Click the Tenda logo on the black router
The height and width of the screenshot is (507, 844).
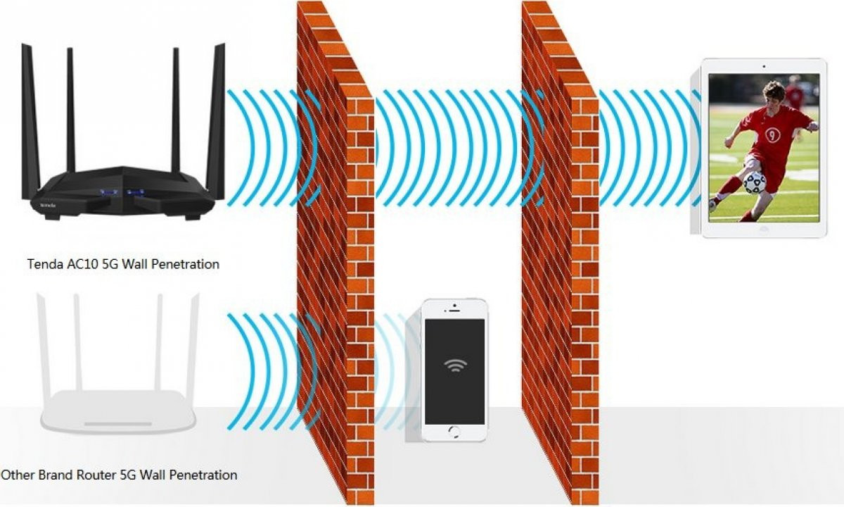point(48,205)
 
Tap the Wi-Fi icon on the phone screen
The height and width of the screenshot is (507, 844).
point(455,365)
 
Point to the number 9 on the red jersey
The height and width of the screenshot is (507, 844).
point(772,134)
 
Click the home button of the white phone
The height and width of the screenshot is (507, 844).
point(455,432)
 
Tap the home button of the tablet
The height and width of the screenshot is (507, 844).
point(764,229)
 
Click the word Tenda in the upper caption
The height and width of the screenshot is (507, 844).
point(45,264)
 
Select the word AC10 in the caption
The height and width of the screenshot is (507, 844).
point(83,264)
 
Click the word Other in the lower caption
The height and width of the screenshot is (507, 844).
point(18,475)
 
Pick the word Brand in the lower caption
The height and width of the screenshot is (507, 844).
point(56,475)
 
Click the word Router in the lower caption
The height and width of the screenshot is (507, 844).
point(96,475)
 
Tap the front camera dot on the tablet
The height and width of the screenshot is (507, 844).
point(764,66)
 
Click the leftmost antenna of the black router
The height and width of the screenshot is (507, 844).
point(30,121)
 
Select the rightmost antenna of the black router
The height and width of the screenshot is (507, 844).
point(216,121)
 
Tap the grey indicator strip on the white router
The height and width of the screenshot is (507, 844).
point(118,424)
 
